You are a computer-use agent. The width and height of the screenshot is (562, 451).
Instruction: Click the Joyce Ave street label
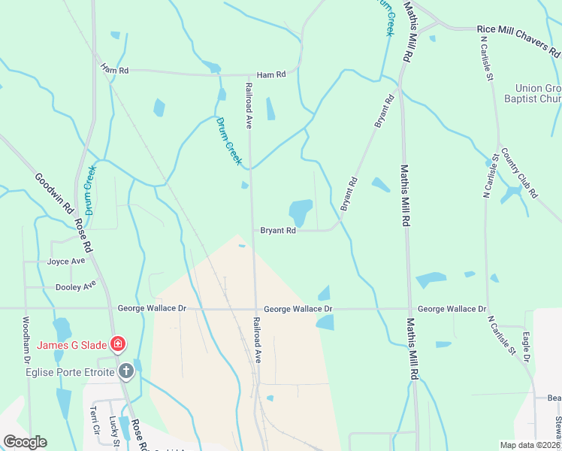click(66, 262)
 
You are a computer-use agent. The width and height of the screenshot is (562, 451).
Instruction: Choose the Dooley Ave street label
click(76, 286)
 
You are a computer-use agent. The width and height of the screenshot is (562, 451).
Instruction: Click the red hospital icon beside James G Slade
click(117, 345)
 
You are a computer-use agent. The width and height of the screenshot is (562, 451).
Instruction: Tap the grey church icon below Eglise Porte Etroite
click(126, 371)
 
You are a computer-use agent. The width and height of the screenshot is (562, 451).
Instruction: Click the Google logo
click(24, 442)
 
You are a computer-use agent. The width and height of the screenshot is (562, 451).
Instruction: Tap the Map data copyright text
click(530, 445)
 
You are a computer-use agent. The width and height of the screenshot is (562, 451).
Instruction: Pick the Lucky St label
click(114, 431)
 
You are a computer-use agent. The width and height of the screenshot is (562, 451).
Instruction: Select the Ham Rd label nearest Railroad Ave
click(271, 75)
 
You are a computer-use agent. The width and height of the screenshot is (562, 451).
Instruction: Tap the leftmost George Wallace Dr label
click(151, 309)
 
